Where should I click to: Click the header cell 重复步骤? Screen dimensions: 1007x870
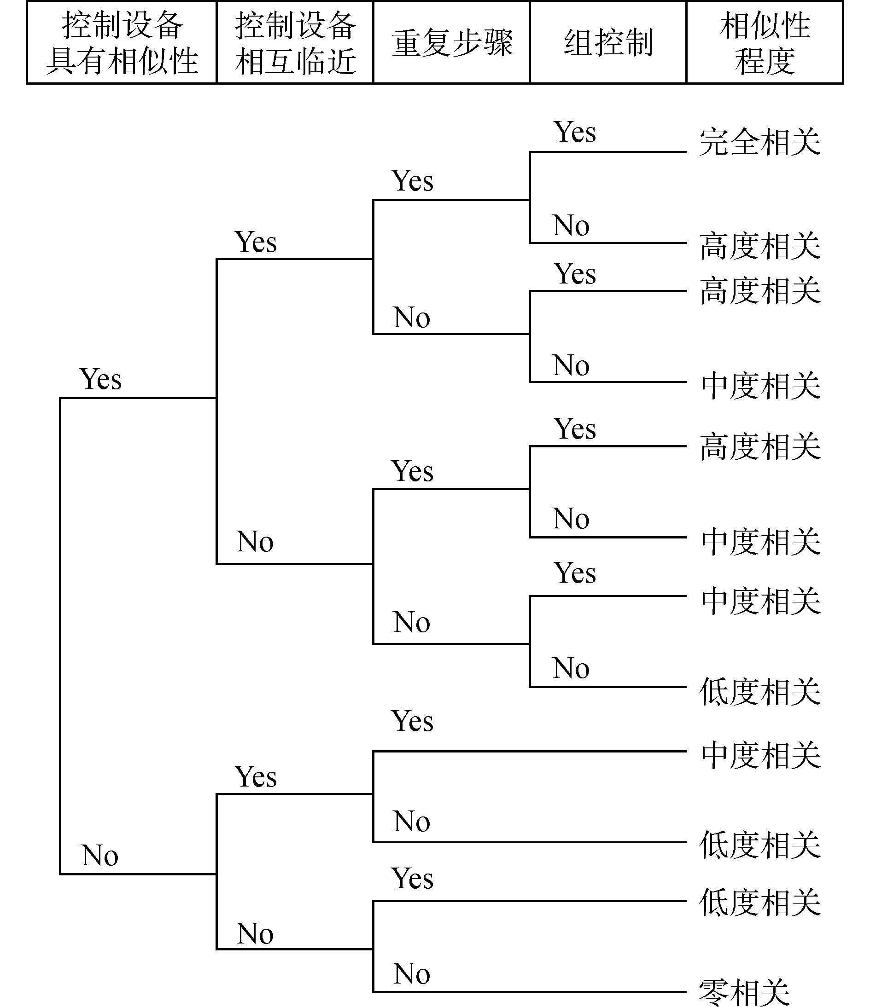(452, 43)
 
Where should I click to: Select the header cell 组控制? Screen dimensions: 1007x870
(608, 43)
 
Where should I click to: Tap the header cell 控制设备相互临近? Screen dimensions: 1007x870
(295, 43)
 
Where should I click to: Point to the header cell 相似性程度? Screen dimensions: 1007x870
(765, 43)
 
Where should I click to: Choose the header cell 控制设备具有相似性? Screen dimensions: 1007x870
(122, 43)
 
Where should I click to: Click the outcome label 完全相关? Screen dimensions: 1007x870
(759, 142)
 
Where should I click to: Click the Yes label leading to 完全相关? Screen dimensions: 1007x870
(574, 132)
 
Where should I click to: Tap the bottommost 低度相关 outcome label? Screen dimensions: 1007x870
(759, 903)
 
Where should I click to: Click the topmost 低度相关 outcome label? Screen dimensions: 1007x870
(759, 692)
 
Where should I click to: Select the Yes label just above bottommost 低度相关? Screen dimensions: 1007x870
(412, 878)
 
